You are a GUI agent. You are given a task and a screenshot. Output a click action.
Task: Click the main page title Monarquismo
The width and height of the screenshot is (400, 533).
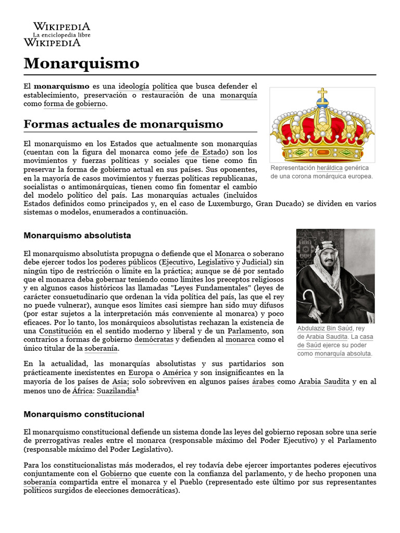(x=82, y=64)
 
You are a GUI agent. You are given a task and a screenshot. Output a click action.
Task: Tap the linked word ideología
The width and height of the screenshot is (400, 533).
(x=134, y=85)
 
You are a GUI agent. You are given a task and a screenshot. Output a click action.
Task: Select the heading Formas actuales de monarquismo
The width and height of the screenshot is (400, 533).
(x=123, y=124)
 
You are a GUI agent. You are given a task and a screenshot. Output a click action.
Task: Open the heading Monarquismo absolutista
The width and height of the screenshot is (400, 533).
(x=77, y=235)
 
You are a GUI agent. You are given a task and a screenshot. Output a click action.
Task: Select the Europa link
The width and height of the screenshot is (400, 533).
(x=141, y=373)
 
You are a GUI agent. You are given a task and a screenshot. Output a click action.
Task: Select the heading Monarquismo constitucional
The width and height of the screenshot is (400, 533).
(x=84, y=414)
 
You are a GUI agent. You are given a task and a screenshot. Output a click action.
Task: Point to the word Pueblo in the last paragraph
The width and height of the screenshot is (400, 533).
(x=194, y=483)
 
